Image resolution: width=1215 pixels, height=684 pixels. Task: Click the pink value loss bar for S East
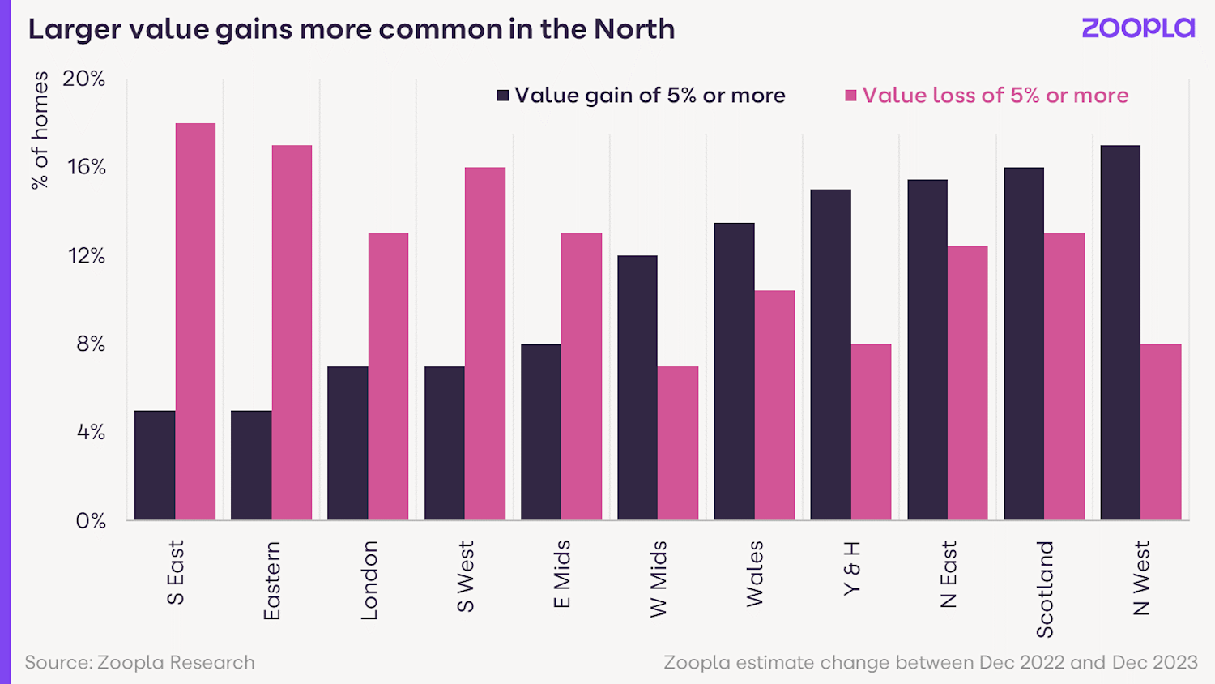tap(195, 322)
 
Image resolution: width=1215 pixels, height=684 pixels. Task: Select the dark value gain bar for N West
tap(1120, 332)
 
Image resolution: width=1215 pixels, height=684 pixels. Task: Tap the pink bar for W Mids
tap(678, 443)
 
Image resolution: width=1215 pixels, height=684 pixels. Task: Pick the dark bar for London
tap(347, 443)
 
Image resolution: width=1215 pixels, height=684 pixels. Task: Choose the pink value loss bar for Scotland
tap(1064, 377)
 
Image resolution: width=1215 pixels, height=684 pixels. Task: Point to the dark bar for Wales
tap(734, 371)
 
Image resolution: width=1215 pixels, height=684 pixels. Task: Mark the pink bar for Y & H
tap(871, 432)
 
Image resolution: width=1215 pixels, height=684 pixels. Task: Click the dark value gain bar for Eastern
tap(251, 465)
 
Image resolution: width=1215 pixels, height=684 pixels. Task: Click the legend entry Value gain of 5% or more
tap(641, 96)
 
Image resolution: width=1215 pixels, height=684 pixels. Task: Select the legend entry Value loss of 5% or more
tap(986, 96)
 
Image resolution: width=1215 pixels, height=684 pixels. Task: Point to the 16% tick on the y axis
tap(87, 168)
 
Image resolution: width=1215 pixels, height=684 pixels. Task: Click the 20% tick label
tap(84, 79)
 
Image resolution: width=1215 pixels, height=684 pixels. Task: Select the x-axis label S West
tap(466, 576)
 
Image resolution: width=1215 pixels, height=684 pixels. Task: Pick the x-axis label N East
tap(949, 574)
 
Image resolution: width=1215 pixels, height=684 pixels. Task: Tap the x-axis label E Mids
tap(562, 574)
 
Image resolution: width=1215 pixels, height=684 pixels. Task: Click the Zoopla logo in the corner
tap(1138, 28)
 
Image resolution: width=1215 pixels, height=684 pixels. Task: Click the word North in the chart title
tap(634, 29)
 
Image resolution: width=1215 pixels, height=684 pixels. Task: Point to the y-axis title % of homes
tap(40, 130)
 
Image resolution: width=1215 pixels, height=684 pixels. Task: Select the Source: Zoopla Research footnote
tap(139, 662)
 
